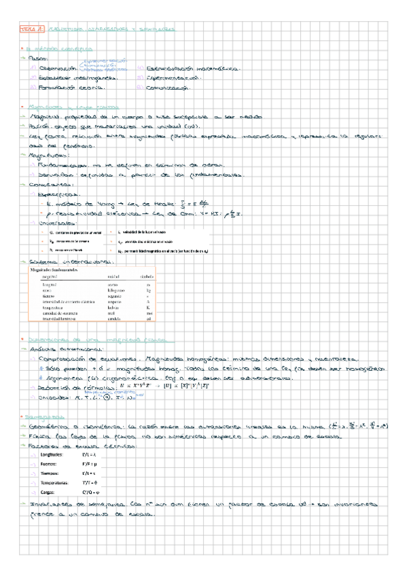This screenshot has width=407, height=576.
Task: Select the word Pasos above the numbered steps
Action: click(x=38, y=59)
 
